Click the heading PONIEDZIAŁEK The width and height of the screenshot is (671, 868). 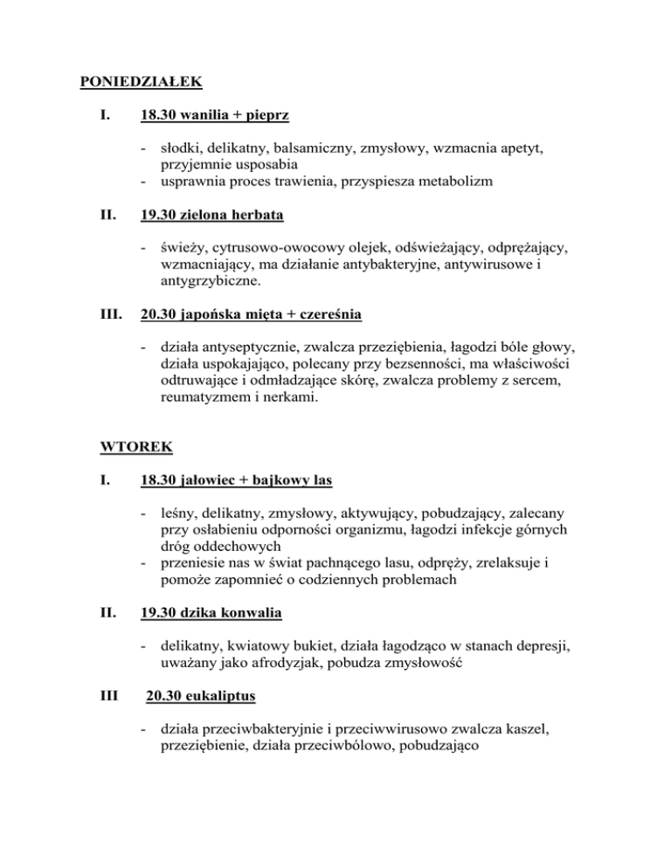tap(141, 83)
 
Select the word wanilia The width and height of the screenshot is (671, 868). tap(207, 115)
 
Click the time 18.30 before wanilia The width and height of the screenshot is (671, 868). tap(158, 115)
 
